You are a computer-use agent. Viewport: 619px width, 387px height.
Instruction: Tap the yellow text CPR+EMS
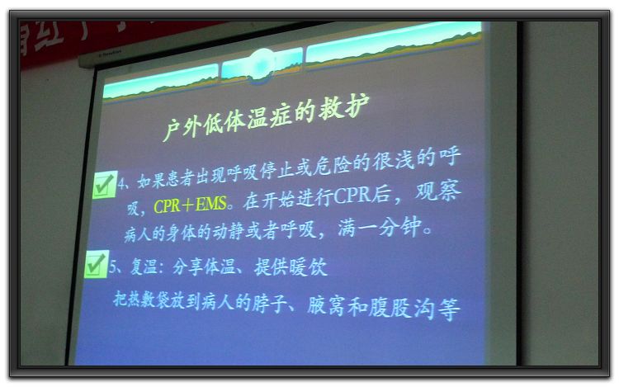[x=190, y=205]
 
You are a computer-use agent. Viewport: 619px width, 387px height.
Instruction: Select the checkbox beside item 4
[x=105, y=185]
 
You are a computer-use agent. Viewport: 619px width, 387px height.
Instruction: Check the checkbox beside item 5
[x=96, y=263]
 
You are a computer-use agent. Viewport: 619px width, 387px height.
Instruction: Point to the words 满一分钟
[x=380, y=227]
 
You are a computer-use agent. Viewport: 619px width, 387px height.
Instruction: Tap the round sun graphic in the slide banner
[x=262, y=65]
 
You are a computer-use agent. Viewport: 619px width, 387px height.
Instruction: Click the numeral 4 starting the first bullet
[x=121, y=183]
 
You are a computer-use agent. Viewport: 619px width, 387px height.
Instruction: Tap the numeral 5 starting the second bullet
[x=113, y=267]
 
